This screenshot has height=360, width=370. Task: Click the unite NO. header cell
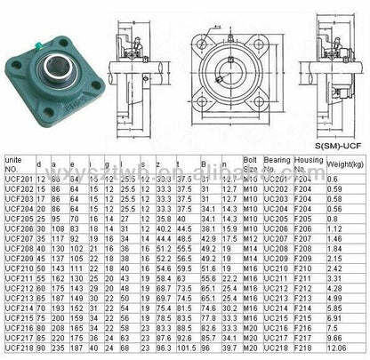[17, 164]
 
